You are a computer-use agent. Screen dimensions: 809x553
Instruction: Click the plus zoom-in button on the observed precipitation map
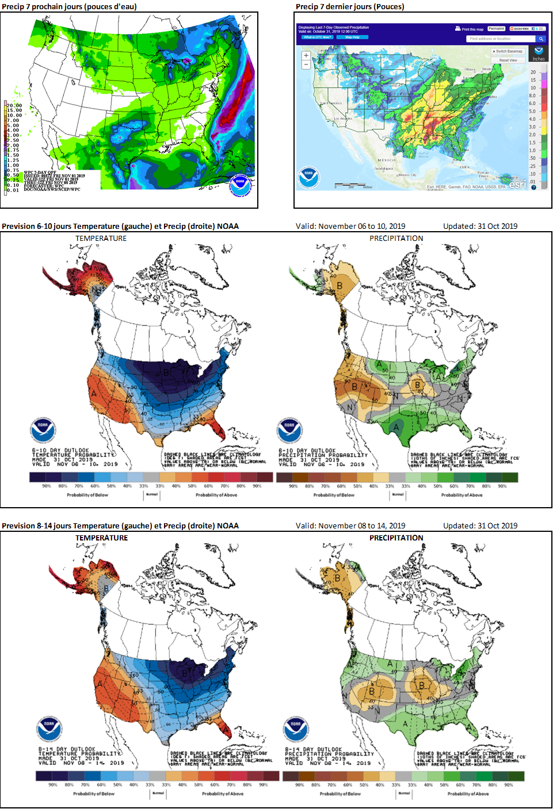click(306, 56)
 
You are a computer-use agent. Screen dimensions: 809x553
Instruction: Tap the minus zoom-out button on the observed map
click(306, 64)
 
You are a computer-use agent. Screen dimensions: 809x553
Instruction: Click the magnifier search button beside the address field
click(541, 39)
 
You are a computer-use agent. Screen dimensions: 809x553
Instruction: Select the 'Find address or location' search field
click(499, 39)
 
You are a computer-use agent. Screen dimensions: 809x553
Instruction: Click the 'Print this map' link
click(470, 29)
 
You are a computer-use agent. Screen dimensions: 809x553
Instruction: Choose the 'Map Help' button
click(352, 37)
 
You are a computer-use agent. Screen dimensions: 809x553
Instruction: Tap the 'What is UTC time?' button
click(317, 37)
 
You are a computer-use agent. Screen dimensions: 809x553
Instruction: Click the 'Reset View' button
click(508, 60)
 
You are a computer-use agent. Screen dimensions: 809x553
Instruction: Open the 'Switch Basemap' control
click(508, 51)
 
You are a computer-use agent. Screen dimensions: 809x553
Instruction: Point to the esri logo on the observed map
click(517, 184)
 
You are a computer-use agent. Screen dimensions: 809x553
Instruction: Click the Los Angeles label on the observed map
click(342, 118)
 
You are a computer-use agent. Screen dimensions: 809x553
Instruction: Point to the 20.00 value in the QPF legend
click(14, 106)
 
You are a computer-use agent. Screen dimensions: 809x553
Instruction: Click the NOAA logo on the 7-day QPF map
click(240, 185)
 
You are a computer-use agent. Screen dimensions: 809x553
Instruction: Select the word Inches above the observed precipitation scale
click(539, 59)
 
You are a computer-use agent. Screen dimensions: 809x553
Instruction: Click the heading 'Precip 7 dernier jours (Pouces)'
click(350, 6)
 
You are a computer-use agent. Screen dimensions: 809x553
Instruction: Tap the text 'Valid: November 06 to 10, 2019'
click(350, 226)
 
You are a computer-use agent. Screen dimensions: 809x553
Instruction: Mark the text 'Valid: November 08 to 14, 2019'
click(350, 526)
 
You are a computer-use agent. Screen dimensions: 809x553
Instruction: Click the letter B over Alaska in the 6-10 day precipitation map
click(340, 285)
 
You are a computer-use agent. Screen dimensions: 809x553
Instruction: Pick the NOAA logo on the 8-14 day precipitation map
click(295, 729)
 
